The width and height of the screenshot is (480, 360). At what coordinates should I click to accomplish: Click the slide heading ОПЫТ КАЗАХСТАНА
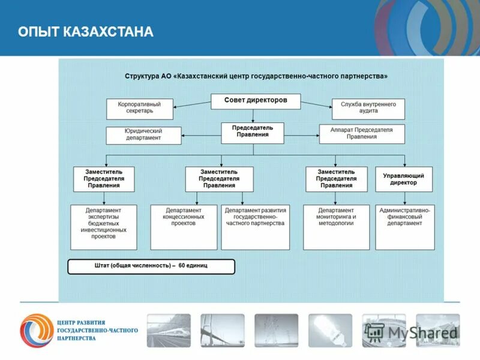coord(86,32)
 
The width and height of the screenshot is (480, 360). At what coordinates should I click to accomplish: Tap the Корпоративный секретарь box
coord(140,108)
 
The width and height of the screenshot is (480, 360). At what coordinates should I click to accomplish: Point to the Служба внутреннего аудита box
coord(368,108)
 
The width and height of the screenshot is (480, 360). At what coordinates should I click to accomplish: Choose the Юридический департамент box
coord(143,134)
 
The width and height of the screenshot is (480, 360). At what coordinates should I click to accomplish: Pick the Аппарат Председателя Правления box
coord(361,133)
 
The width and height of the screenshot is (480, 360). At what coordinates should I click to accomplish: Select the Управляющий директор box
coord(404,179)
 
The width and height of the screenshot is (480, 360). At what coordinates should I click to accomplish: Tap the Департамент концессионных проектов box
coord(184,227)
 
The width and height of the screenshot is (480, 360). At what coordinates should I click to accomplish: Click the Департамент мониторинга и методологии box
coord(337,227)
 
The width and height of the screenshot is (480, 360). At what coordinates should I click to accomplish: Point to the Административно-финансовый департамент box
coord(405,227)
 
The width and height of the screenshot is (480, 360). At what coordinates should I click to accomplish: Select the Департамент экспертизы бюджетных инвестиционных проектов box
coord(103,227)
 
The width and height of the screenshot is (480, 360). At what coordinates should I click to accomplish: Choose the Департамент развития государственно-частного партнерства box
coord(256,227)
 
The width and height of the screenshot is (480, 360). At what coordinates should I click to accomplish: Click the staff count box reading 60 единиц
coord(151,266)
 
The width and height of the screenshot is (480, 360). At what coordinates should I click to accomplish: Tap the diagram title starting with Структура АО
coord(256,76)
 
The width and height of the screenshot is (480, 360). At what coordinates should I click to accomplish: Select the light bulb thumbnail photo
coord(330,330)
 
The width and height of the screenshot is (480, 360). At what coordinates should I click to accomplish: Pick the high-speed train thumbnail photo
coord(169,330)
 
